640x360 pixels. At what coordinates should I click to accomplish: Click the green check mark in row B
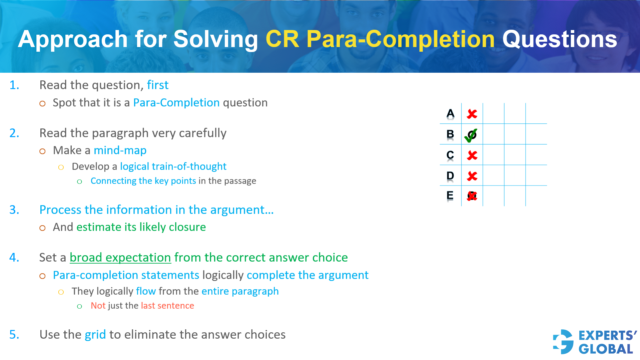click(471, 135)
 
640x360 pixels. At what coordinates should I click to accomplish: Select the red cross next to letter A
click(472, 114)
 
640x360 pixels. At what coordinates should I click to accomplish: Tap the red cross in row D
click(472, 176)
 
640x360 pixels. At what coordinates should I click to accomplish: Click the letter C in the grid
click(450, 155)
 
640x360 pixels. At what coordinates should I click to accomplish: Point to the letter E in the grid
click(450, 196)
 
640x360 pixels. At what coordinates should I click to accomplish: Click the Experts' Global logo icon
click(563, 342)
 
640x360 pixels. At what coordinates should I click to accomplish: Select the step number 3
click(14, 210)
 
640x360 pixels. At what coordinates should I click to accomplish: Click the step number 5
click(14, 335)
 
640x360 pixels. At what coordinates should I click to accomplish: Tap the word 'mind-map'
click(120, 150)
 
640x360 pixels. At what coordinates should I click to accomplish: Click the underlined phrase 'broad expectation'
click(120, 258)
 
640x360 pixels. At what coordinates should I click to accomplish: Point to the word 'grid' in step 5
click(95, 335)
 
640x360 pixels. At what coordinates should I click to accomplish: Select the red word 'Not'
click(98, 306)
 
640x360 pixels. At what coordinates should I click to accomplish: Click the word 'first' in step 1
click(158, 85)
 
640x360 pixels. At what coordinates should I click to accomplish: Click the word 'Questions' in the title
click(560, 39)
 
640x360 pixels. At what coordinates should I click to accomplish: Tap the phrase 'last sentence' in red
click(167, 306)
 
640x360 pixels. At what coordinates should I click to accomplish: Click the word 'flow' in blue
click(146, 291)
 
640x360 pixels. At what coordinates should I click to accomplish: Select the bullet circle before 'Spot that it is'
click(42, 103)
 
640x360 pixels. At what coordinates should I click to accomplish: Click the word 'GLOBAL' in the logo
click(606, 349)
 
